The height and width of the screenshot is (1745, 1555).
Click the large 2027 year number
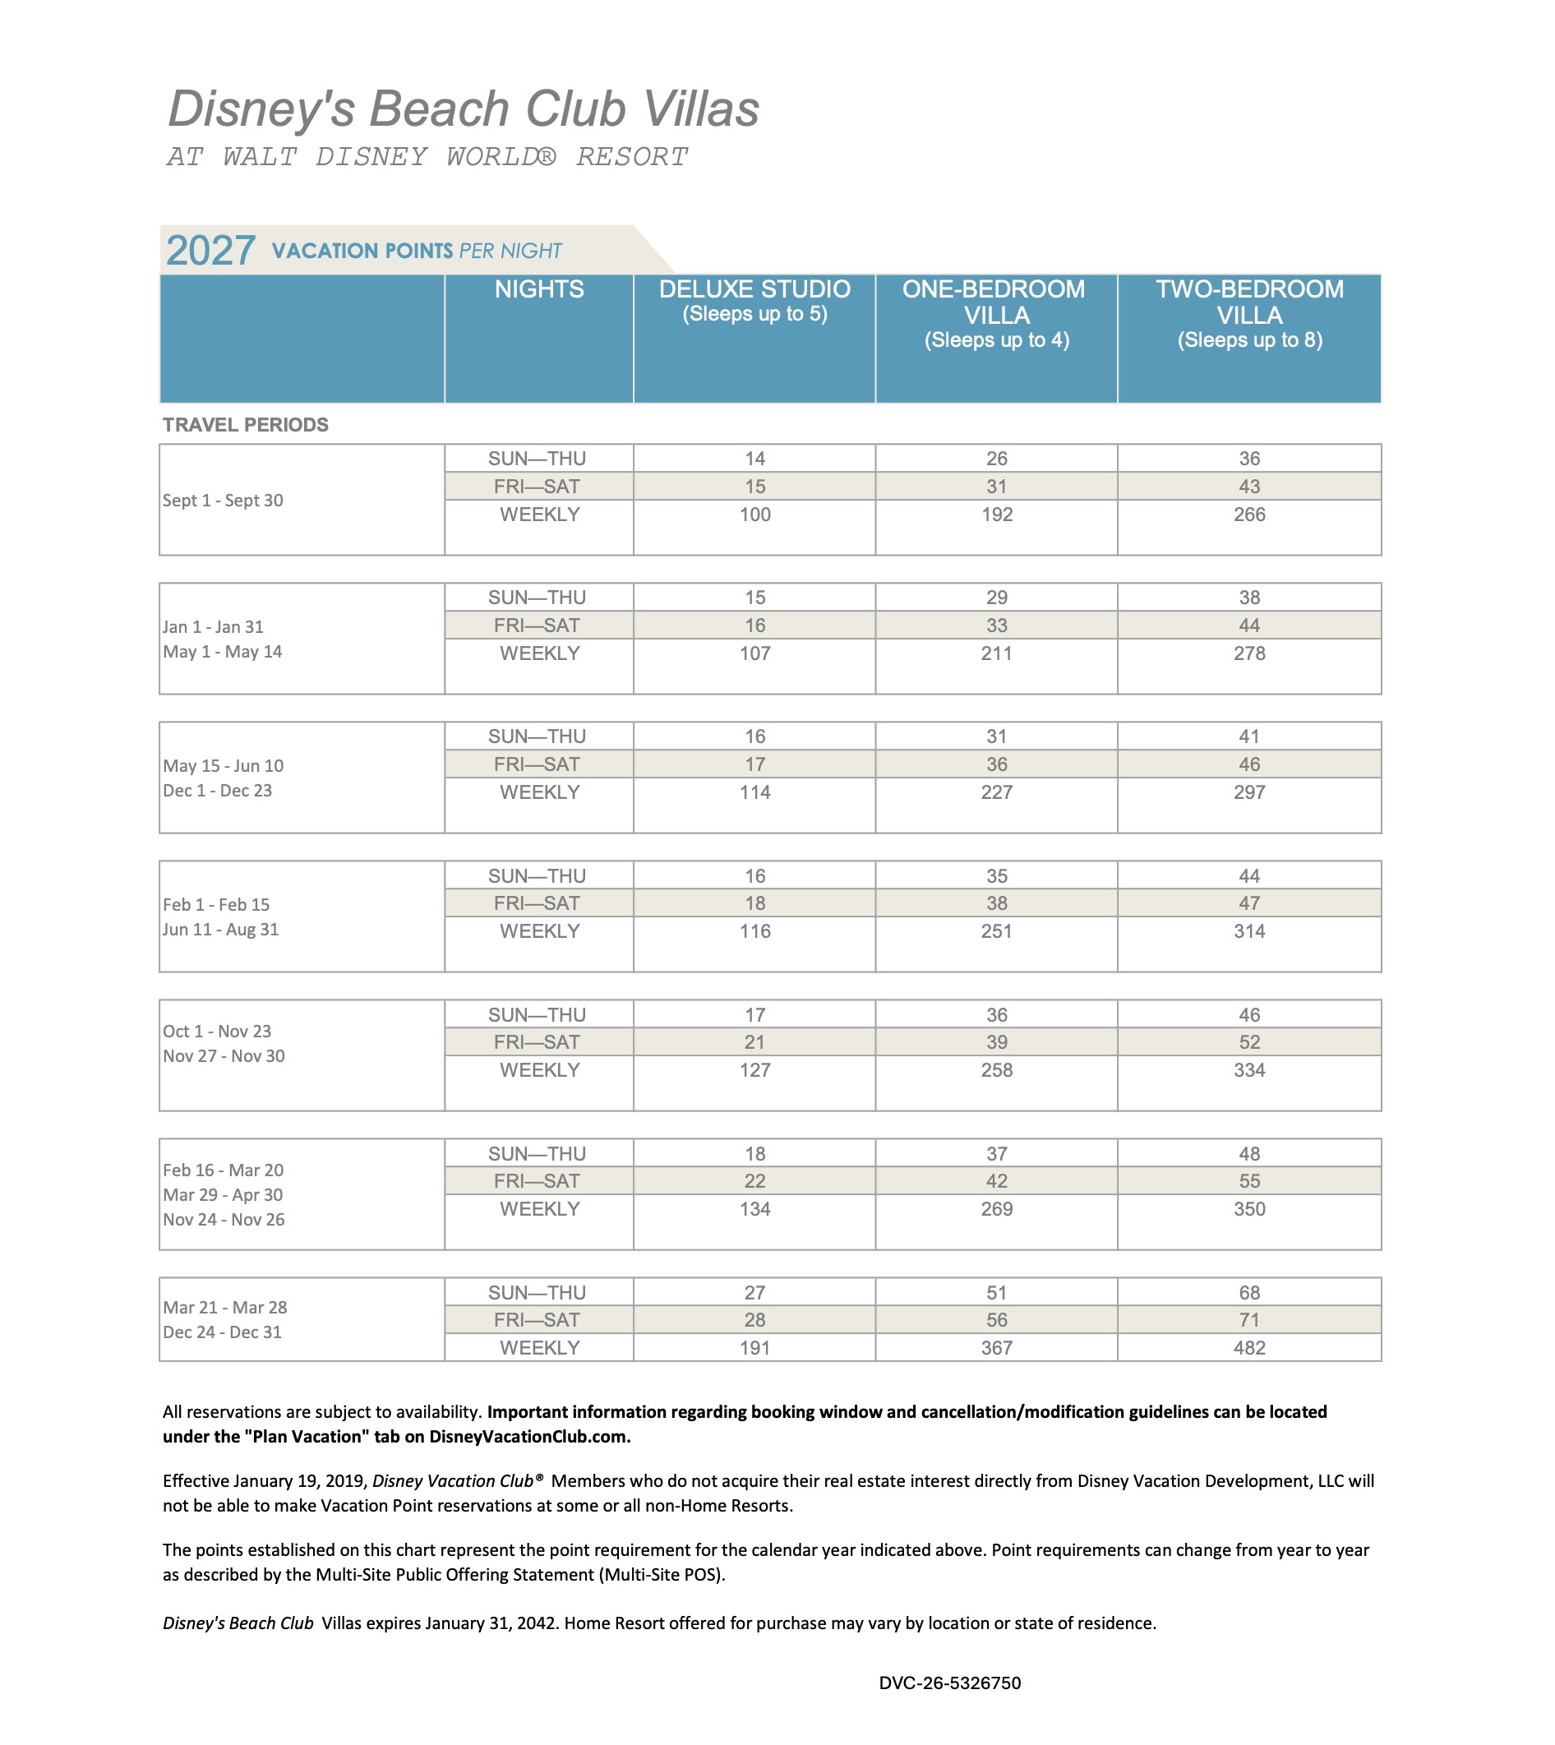tap(210, 251)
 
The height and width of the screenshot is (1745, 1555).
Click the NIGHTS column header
tap(539, 289)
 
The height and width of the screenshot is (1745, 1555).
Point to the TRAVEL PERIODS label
tap(245, 425)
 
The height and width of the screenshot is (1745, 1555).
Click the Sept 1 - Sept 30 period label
tap(223, 500)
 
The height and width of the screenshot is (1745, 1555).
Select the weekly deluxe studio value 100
tap(754, 515)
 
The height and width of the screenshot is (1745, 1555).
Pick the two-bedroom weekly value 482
tap(1249, 1348)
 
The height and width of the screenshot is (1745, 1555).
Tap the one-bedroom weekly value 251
tap(996, 930)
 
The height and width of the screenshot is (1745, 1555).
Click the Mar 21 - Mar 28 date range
tap(224, 1308)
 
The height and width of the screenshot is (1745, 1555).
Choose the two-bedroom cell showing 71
tap(1249, 1319)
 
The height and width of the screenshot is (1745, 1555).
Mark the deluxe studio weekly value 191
tap(754, 1348)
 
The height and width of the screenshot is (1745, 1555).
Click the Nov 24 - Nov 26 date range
tap(224, 1220)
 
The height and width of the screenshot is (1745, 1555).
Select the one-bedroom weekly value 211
tap(996, 653)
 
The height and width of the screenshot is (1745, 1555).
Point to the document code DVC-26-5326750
tap(949, 1683)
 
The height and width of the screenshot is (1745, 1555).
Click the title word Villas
tap(700, 109)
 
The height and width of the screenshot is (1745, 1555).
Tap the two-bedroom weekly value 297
tap(1249, 792)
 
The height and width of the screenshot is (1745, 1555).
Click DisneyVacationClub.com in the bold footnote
tap(528, 1437)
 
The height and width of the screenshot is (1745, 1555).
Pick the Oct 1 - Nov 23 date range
tap(217, 1032)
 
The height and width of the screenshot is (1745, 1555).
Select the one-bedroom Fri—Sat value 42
tap(996, 1181)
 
